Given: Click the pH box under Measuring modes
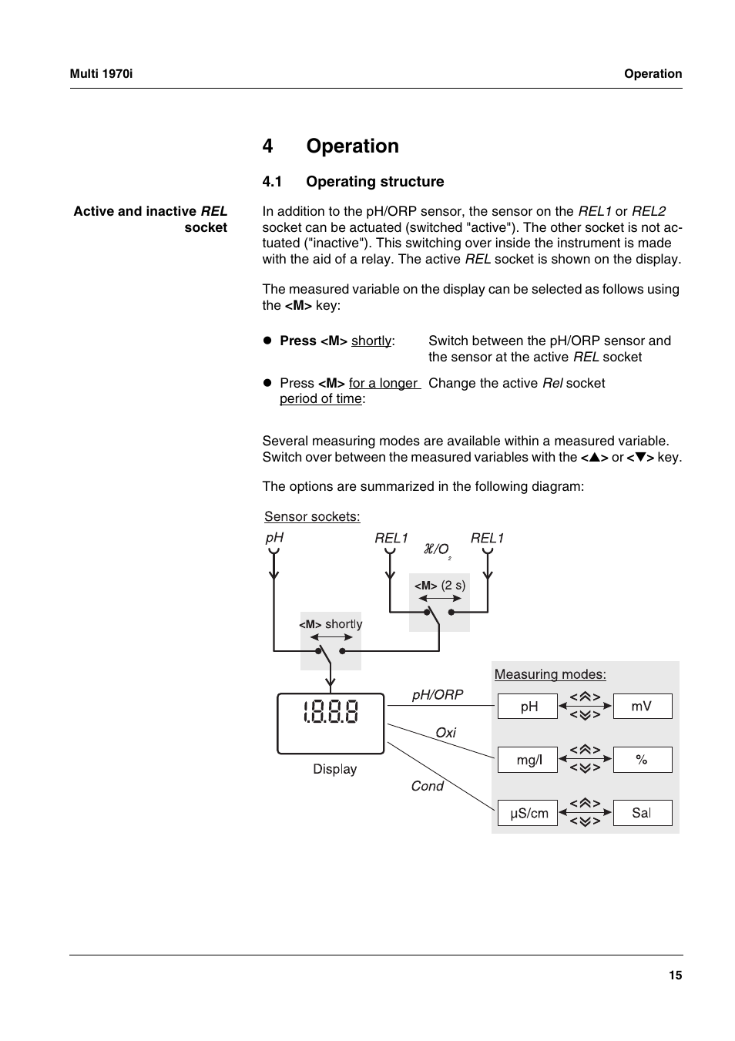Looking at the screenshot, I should pyautogui.click(x=527, y=707).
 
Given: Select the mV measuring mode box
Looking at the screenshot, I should pyautogui.click(x=643, y=707).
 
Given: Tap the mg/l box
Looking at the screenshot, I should pyautogui.click(x=527, y=760).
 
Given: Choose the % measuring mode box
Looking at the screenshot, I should pyautogui.click(x=643, y=760).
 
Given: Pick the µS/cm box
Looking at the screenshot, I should pyautogui.click(x=527, y=813).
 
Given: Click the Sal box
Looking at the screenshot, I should pyautogui.click(x=643, y=813).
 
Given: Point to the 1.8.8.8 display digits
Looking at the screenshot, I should pyautogui.click(x=331, y=711).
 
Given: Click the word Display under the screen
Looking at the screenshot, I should pyautogui.click(x=334, y=769).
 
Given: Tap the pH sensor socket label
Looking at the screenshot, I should pyautogui.click(x=274, y=538).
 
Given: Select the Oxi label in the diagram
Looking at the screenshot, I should pyautogui.click(x=445, y=733).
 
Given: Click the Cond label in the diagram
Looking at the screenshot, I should pyautogui.click(x=427, y=786).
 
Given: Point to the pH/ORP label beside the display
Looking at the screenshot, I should pyautogui.click(x=438, y=694).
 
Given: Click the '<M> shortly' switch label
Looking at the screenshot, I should pyautogui.click(x=331, y=624).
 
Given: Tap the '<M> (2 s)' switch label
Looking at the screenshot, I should pyautogui.click(x=440, y=586).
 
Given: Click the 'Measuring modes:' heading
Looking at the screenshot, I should pyautogui.click(x=550, y=674).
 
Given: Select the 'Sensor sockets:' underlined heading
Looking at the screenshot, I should pyautogui.click(x=312, y=516).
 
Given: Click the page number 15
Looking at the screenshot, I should pyautogui.click(x=675, y=976).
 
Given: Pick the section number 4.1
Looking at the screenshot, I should pyautogui.click(x=272, y=182).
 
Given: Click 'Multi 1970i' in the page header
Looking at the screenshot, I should pyautogui.click(x=101, y=74).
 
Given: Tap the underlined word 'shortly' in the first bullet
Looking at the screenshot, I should pyautogui.click(x=371, y=341).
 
